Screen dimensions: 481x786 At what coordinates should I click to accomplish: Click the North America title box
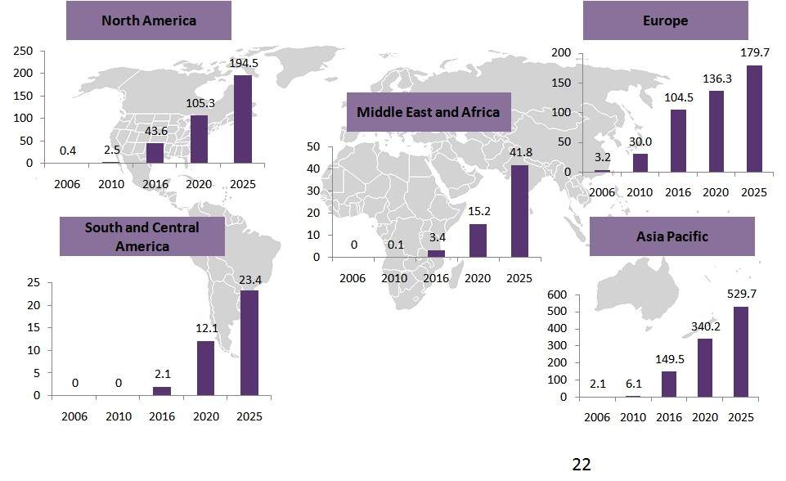[149, 20]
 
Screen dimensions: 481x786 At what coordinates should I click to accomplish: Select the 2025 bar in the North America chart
[243, 119]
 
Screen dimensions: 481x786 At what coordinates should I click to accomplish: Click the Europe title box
[665, 20]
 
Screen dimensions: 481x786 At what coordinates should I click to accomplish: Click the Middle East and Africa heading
[428, 112]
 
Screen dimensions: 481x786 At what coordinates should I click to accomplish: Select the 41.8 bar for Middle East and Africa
[519, 211]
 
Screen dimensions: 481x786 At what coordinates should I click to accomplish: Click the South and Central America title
[141, 236]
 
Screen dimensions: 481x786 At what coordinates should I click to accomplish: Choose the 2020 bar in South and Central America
[205, 368]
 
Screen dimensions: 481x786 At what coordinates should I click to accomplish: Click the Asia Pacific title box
[671, 236]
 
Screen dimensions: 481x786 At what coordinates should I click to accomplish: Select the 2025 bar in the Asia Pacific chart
[741, 352]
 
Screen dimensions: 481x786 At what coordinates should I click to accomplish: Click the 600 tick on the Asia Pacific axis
[557, 295]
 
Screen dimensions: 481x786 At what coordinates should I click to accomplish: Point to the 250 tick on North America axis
[24, 51]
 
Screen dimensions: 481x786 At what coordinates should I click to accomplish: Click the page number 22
[581, 465]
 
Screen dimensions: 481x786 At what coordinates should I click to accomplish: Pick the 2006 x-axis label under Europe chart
[601, 192]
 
